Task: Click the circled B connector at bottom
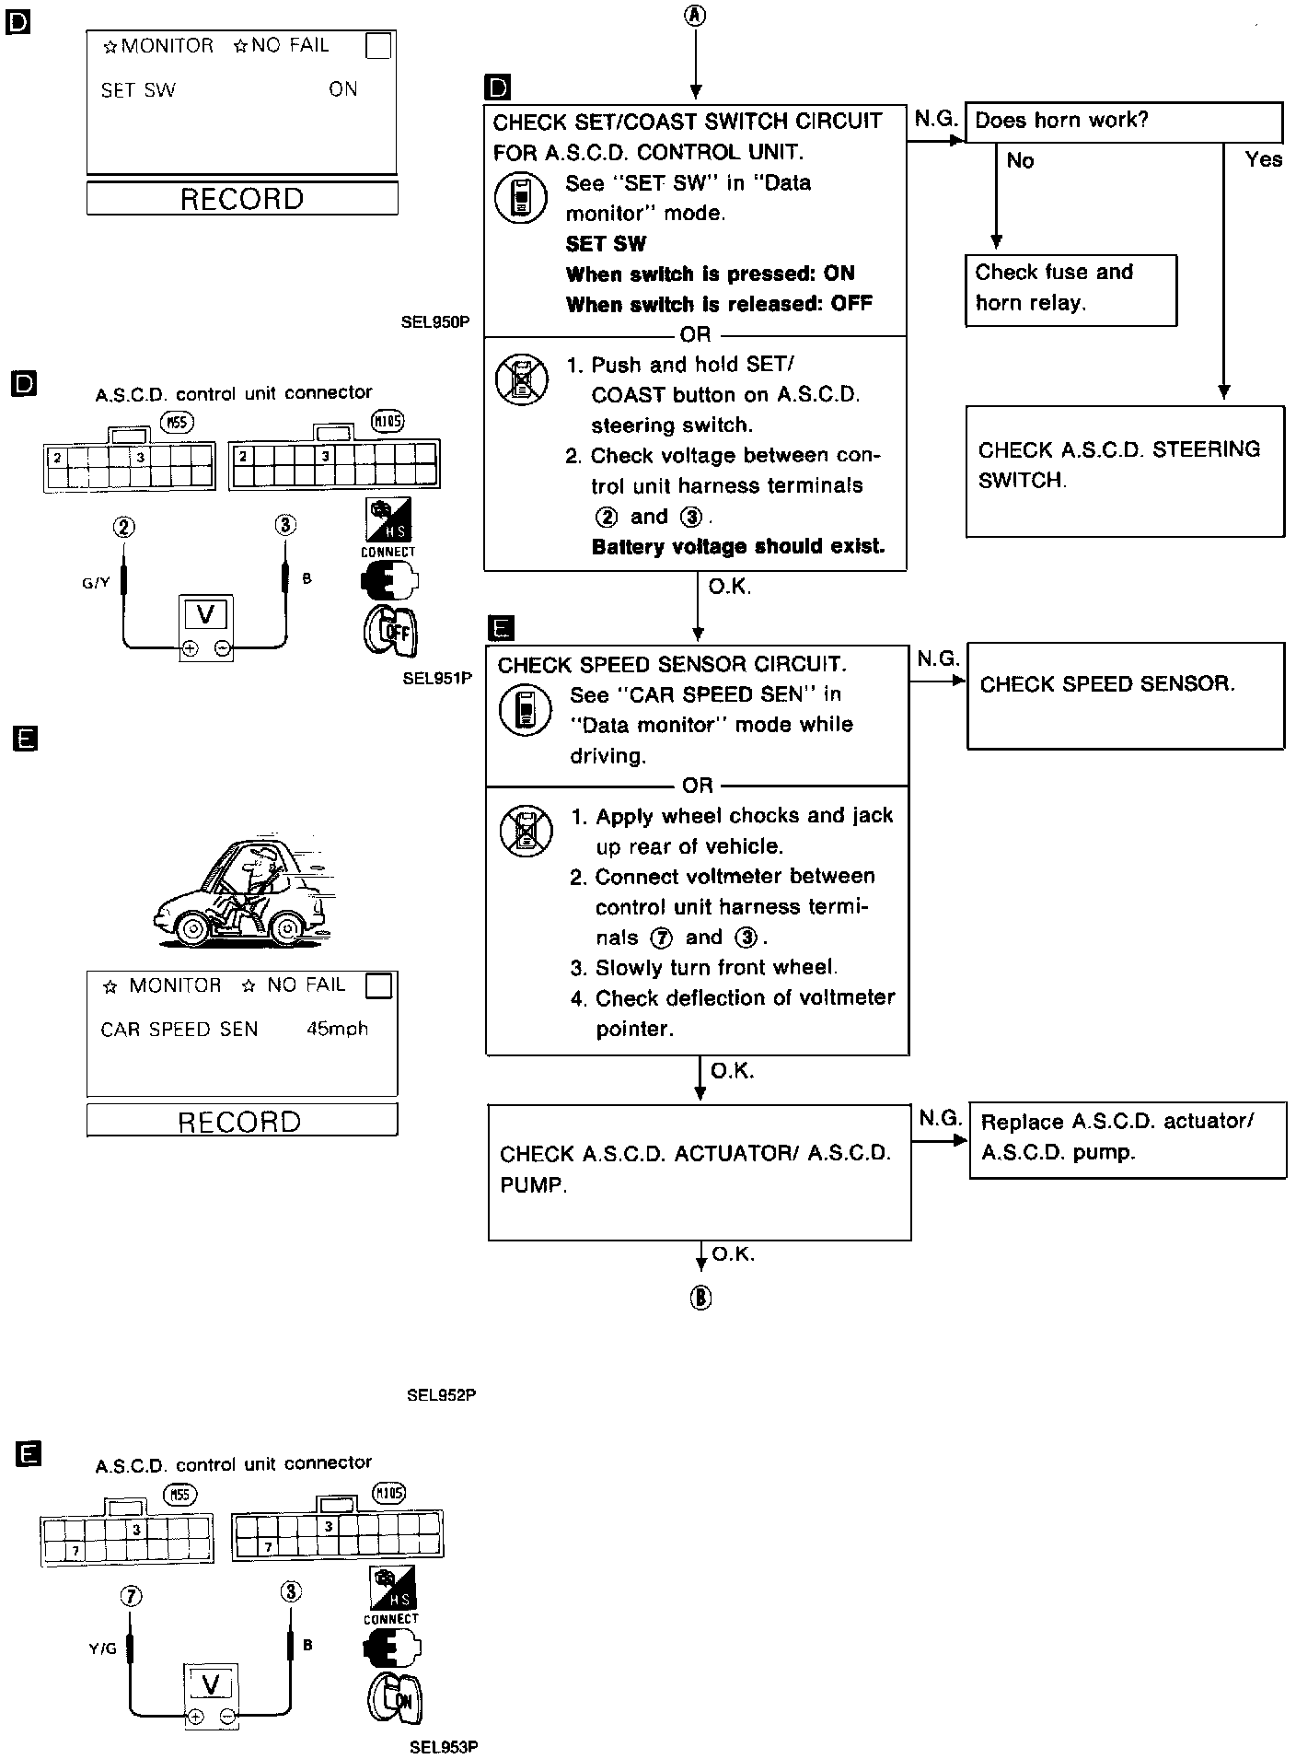pos(700,1298)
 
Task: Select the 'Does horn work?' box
pos(1123,122)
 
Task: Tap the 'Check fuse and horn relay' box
pos(1070,289)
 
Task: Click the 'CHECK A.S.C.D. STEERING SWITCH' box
pos(1124,470)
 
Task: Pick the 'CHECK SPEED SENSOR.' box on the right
pos(1124,694)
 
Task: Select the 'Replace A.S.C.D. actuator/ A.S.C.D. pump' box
pos(1127,1139)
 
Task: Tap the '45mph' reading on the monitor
pos(337,1029)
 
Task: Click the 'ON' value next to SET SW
pos(343,89)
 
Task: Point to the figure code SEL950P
pos(435,322)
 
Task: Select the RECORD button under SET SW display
pos(242,199)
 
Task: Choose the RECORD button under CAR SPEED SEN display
pos(241,1121)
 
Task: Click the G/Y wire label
pos(96,582)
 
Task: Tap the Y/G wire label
pos(103,1648)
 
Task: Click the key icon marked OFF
pos(392,632)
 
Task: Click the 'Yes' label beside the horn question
pos(1263,159)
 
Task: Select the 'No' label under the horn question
pos(1020,161)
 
